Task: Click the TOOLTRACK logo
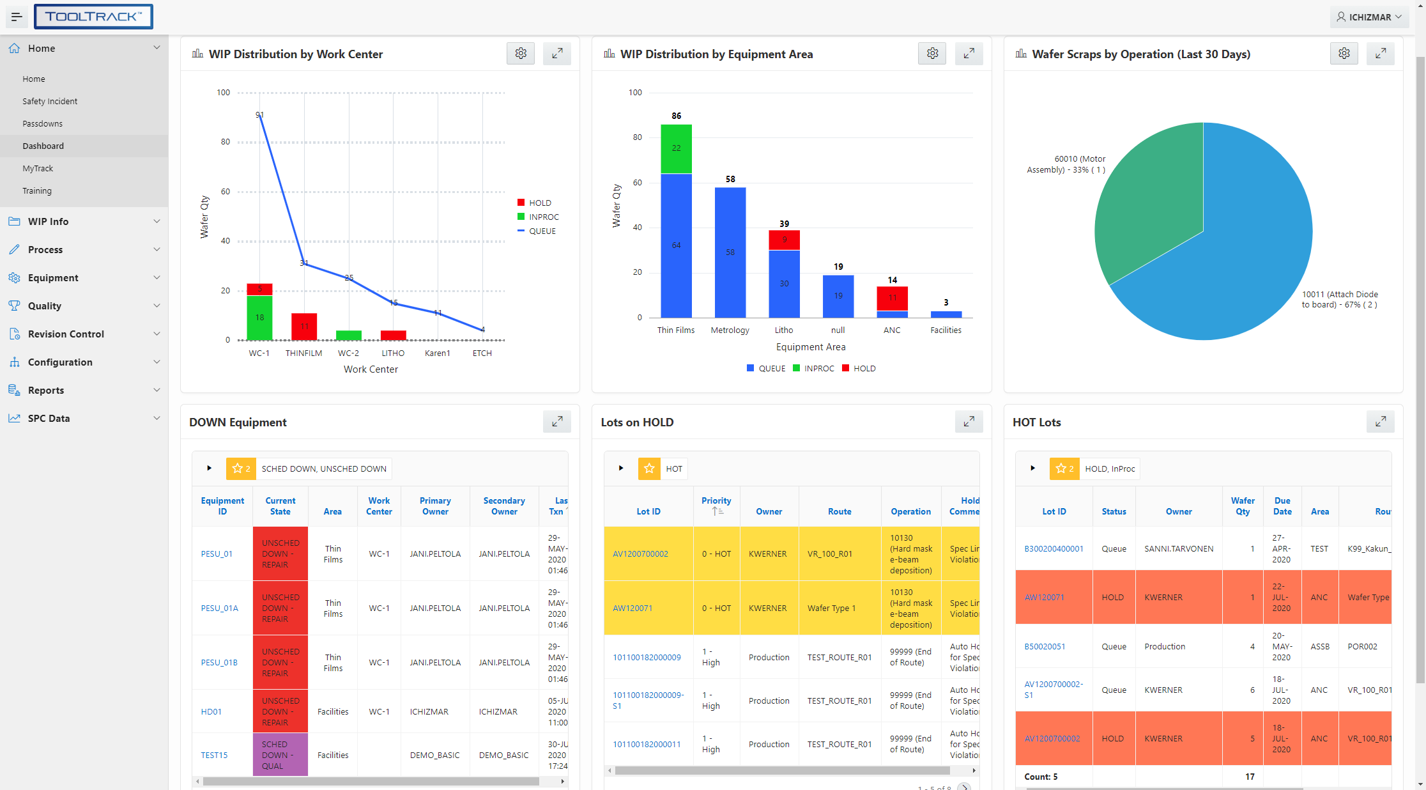[x=93, y=17]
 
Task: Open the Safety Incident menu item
[x=50, y=101]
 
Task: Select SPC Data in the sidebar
[x=49, y=418]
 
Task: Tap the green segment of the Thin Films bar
[x=676, y=148]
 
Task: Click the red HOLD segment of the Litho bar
[x=784, y=240]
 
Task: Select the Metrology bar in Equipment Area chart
[x=730, y=252]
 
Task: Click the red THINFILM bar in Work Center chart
[x=304, y=326]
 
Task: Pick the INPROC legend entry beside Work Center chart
[x=543, y=217]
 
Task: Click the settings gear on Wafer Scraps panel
[x=1344, y=54]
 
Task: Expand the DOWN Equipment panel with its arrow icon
[x=557, y=422]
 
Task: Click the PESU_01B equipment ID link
[x=219, y=662]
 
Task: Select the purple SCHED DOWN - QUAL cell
[x=280, y=755]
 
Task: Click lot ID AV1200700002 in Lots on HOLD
[x=640, y=554]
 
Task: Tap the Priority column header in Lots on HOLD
[x=716, y=501]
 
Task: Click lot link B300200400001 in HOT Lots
[x=1054, y=548]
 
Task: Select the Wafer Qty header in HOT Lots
[x=1243, y=506]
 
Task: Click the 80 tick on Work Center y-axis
[x=226, y=142]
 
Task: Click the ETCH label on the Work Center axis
[x=482, y=353]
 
